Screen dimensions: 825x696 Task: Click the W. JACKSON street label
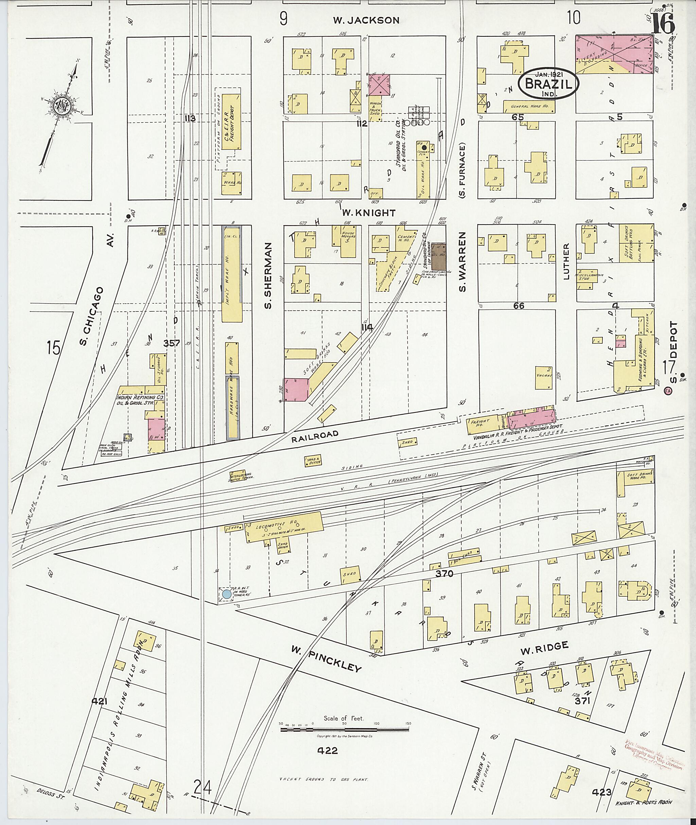pyautogui.click(x=366, y=20)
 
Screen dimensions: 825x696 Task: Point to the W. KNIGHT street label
pyautogui.click(x=368, y=213)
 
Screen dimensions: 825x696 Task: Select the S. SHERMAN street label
pyautogui.click(x=269, y=275)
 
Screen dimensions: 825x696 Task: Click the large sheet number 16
pyautogui.click(x=662, y=24)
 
